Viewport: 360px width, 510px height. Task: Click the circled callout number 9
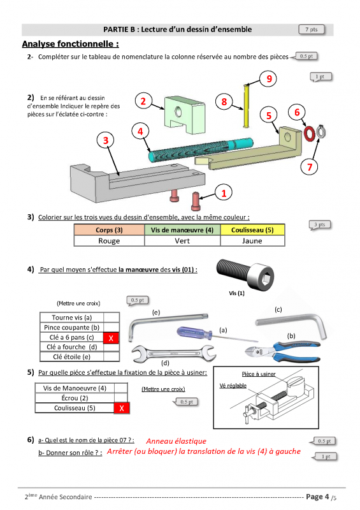coord(268,78)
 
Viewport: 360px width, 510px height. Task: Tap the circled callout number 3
coord(106,140)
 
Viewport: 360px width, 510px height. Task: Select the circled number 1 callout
coord(224,193)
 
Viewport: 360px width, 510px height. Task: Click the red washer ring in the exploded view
coord(309,133)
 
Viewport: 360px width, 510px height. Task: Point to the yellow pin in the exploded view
coord(246,106)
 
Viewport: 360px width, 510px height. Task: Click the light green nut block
coord(185,115)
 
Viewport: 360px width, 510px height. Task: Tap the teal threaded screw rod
coord(201,150)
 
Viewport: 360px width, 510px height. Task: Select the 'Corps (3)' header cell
coord(109,230)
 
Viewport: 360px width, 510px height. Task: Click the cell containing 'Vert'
coord(182,241)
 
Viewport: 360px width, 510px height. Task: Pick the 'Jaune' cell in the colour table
coord(252,241)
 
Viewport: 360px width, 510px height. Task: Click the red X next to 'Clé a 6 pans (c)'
coord(111,338)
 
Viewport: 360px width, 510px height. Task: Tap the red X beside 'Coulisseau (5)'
coord(122,408)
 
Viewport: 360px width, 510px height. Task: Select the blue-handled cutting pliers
coord(283,351)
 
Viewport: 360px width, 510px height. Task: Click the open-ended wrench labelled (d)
coord(174,353)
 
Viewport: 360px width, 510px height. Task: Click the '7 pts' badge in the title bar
coord(312,29)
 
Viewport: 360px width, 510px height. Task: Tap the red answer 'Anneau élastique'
coord(176,441)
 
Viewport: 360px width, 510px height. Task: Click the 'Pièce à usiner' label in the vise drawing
coord(259,374)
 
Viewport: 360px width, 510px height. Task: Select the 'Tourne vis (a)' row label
coord(72,317)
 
